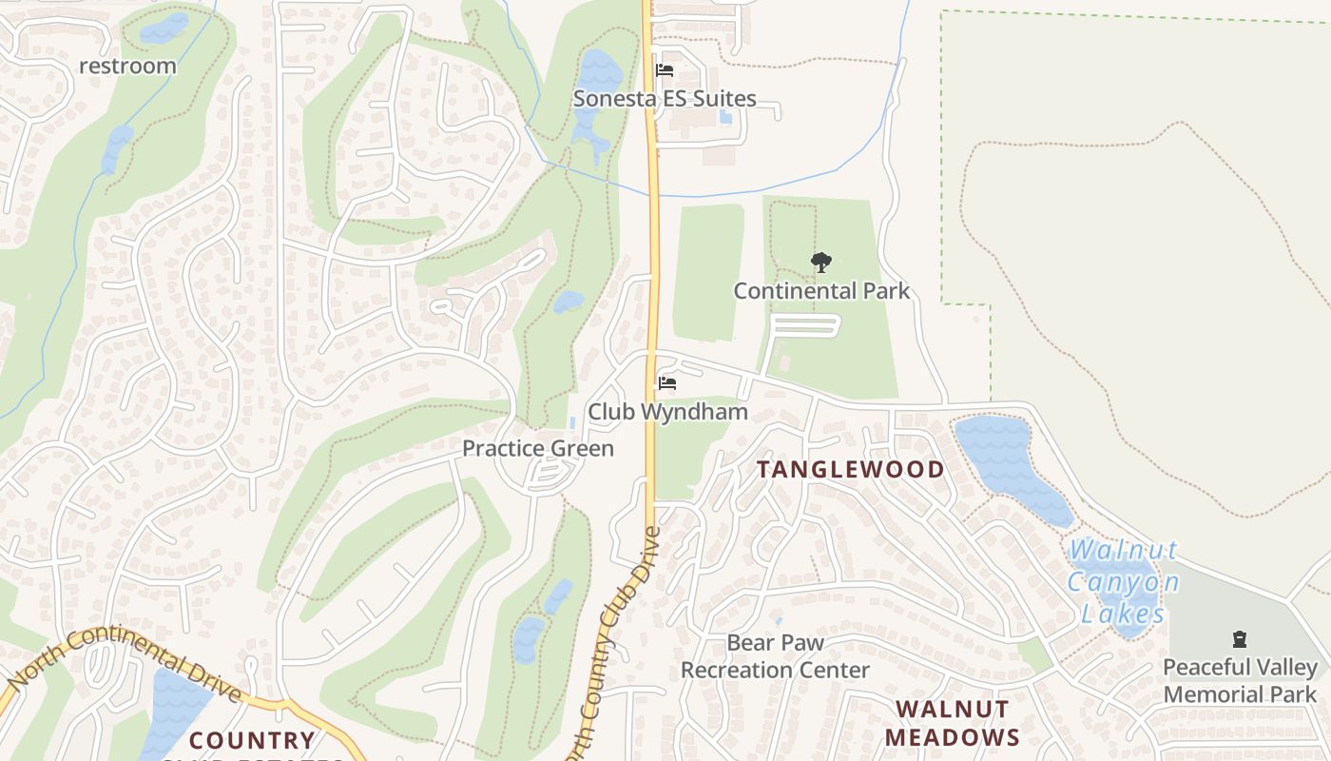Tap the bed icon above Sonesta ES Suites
pyautogui.click(x=665, y=70)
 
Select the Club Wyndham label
pyautogui.click(x=667, y=412)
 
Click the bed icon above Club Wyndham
pyautogui.click(x=667, y=383)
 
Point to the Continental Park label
pyautogui.click(x=821, y=291)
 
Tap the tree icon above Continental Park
pyautogui.click(x=820, y=263)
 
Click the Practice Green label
pyautogui.click(x=538, y=448)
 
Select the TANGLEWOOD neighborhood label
pyautogui.click(x=851, y=469)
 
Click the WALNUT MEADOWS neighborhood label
pyautogui.click(x=953, y=723)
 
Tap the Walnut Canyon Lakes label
pyautogui.click(x=1125, y=581)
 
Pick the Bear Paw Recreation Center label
pyautogui.click(x=775, y=656)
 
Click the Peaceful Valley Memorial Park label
pyautogui.click(x=1240, y=681)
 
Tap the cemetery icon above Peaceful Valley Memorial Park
pyautogui.click(x=1239, y=639)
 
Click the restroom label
pyautogui.click(x=127, y=66)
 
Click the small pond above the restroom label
pyautogui.click(x=164, y=28)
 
